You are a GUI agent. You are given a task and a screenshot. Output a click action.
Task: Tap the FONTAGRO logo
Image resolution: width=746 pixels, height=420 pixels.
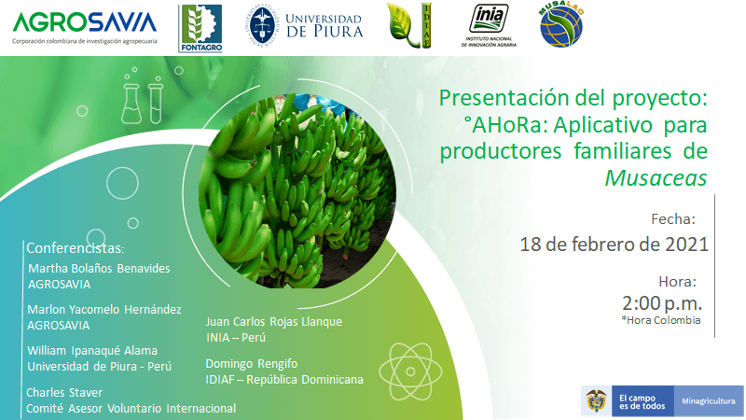[201, 27]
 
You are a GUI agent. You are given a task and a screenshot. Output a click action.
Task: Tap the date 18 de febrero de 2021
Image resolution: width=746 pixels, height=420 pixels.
[615, 245]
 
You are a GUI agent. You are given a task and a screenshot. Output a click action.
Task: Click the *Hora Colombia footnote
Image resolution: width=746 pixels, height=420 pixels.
[660, 320]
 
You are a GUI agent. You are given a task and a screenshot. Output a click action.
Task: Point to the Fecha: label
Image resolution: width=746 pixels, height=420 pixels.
[673, 219]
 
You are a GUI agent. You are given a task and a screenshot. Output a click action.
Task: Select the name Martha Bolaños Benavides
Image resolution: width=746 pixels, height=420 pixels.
[99, 269]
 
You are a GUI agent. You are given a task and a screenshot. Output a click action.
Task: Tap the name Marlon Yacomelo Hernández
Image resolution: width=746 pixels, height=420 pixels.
[104, 309]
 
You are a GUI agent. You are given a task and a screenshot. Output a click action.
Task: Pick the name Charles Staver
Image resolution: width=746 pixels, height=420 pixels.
[64, 393]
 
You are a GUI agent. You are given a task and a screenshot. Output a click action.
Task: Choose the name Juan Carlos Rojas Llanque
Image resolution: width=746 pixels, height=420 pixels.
[273, 322]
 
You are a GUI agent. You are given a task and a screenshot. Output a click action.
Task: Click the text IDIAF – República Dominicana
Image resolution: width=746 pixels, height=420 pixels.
[283, 379]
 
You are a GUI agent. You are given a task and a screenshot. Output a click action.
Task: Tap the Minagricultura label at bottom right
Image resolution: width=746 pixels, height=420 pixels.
[705, 399]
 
